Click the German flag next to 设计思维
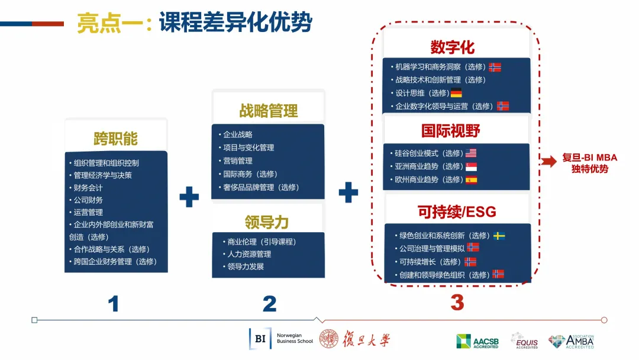click(x=456, y=93)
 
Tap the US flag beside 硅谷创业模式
click(x=471, y=153)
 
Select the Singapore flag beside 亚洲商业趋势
click(x=471, y=166)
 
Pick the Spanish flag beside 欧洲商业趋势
click(x=471, y=180)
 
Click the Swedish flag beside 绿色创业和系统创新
click(x=499, y=236)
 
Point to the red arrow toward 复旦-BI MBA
click(x=548, y=161)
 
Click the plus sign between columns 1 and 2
click(x=189, y=197)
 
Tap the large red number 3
click(x=457, y=303)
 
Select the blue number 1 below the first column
click(x=113, y=304)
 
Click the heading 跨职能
click(x=116, y=139)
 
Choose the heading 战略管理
click(x=268, y=111)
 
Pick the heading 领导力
click(x=266, y=222)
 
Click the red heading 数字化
click(x=453, y=47)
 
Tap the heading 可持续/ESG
click(x=457, y=211)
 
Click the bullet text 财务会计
click(x=88, y=188)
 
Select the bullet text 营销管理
click(x=238, y=160)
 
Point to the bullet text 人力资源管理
click(x=249, y=254)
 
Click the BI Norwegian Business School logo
click(x=281, y=339)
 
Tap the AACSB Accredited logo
click(x=477, y=341)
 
